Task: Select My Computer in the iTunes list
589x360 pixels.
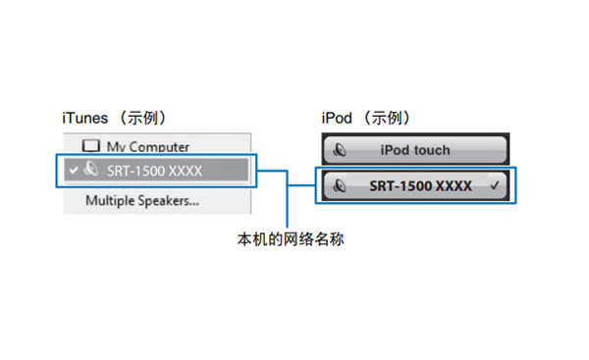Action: [x=147, y=147]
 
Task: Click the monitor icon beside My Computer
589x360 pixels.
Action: [x=91, y=147]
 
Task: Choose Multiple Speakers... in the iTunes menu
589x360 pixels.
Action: [x=141, y=202]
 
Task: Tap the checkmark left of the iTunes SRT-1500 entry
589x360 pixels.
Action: [x=72, y=170]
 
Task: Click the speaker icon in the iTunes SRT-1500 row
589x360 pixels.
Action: [x=90, y=170]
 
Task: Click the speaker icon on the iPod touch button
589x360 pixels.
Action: [x=340, y=150]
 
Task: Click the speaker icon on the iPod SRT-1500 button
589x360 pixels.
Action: [x=340, y=184]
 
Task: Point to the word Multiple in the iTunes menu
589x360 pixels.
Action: [x=110, y=202]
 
